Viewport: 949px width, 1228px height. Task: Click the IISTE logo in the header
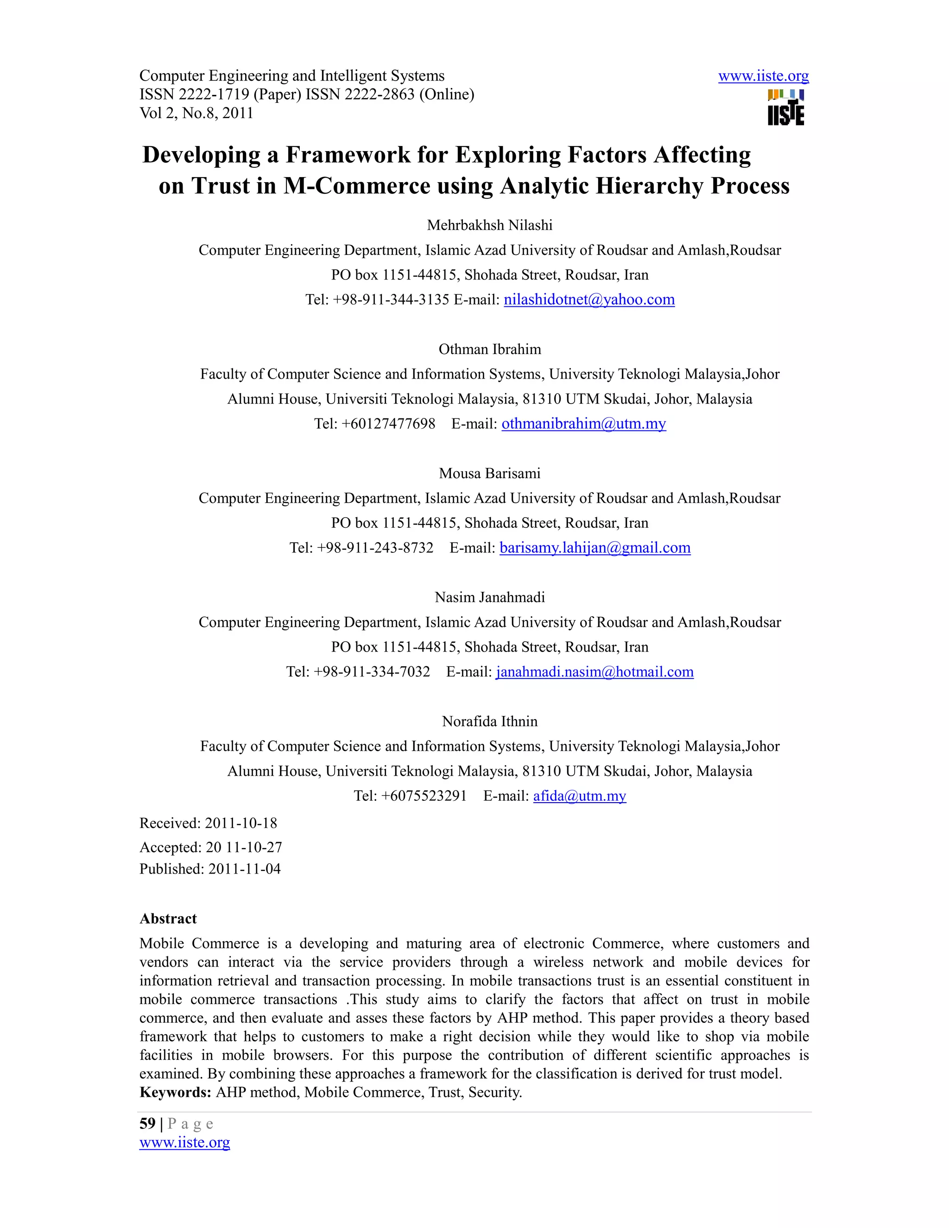tap(785, 107)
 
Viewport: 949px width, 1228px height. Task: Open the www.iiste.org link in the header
tap(763, 76)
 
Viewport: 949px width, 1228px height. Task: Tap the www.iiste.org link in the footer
tap(184, 1143)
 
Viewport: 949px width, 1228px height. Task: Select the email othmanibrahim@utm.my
tap(583, 424)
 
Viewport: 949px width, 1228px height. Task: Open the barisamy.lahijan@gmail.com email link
tap(595, 548)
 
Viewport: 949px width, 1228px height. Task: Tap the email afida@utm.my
tap(579, 796)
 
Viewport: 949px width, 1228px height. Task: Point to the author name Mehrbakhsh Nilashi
tap(490, 226)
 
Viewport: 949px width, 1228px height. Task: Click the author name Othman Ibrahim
tap(490, 350)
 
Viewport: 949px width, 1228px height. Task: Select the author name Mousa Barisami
tap(490, 474)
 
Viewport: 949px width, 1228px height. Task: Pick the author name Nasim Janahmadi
tap(490, 598)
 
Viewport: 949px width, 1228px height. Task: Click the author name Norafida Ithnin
tap(490, 722)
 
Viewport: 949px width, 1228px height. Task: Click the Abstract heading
tap(168, 919)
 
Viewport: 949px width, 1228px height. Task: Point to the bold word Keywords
tap(175, 1093)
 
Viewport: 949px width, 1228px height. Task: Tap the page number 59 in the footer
tap(147, 1124)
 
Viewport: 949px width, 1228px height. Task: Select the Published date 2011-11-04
tap(244, 869)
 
